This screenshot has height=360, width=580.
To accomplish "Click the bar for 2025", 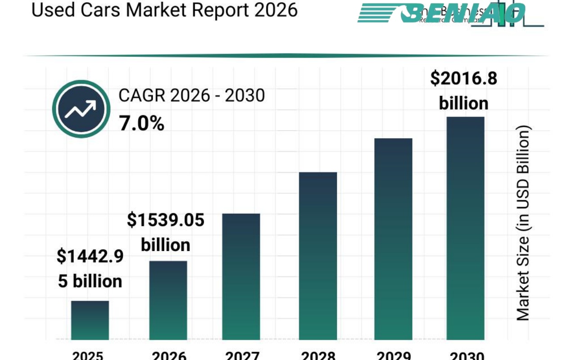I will [90, 320].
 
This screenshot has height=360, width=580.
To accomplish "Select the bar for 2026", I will [168, 300].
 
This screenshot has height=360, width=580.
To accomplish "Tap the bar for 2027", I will [241, 276].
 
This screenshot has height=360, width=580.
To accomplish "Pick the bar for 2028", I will [318, 256].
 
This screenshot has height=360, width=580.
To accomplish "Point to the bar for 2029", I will [393, 239].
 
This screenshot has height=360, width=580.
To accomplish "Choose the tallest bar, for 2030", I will [465, 228].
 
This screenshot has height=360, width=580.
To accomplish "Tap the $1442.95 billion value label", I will [90, 269].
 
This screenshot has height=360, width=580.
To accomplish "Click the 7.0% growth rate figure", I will [142, 123].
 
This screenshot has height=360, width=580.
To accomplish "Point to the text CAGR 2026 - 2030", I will [192, 95].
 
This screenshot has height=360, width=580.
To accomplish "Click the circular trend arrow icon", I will [81, 109].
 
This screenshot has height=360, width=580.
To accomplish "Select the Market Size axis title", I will [522, 223].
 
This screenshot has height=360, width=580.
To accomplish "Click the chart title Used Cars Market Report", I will [164, 10].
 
